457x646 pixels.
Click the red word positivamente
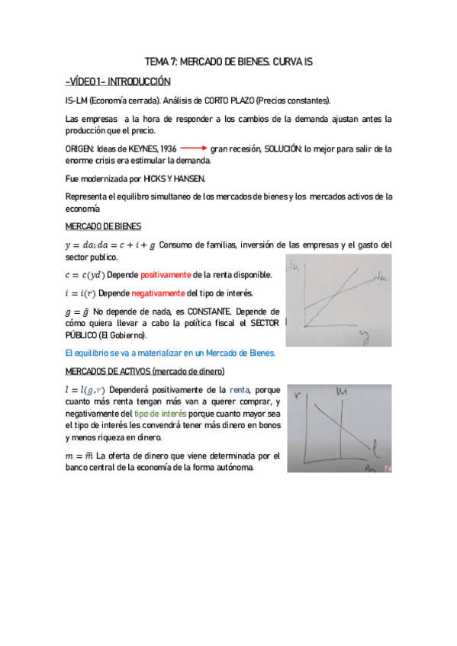pos(166,274)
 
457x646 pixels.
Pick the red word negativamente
pos(159,293)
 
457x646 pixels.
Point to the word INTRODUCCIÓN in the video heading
pos(142,82)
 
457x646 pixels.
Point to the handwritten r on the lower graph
pos(296,397)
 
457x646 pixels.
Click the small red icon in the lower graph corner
pos(388,467)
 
